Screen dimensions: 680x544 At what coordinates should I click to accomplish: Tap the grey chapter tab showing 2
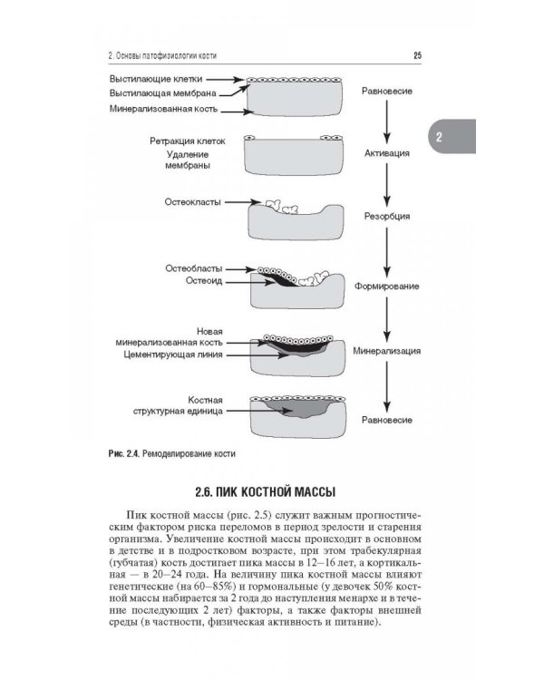point(438,138)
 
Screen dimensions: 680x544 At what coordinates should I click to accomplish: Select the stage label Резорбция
point(387,218)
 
